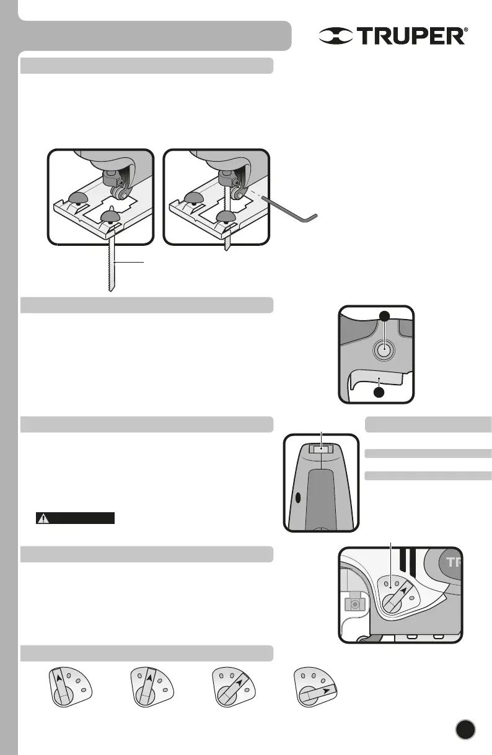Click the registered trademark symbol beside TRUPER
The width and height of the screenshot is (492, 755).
point(465,28)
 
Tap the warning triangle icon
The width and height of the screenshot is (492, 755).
point(43,518)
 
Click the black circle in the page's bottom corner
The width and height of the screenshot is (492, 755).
point(465,729)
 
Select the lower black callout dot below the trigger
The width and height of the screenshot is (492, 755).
point(379,393)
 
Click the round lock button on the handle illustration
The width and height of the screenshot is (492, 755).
point(384,350)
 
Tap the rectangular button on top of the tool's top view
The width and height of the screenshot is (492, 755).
point(321,448)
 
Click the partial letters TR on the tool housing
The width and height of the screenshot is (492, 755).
point(454,562)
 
